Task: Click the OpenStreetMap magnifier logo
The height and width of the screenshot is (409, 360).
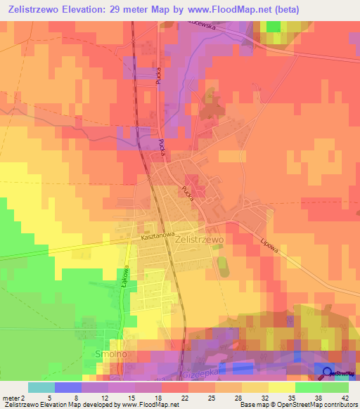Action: coord(328,373)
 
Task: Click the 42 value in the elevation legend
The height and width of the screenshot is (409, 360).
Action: coord(336,397)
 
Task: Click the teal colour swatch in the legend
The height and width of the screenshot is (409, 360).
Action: coord(41,387)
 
